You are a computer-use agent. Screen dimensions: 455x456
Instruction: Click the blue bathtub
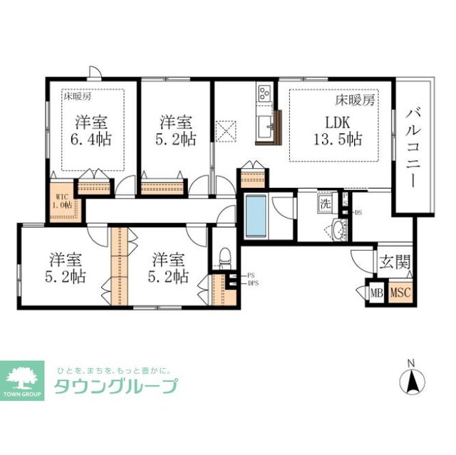pos(255,216)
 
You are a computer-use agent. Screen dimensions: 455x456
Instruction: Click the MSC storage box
pos(400,293)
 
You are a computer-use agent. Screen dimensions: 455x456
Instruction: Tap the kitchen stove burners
pos(264,93)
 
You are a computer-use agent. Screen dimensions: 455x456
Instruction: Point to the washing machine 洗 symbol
pos(325,204)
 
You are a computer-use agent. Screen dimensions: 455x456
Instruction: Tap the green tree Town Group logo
pos(25,377)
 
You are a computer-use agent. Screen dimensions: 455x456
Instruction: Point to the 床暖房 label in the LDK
pos(355,100)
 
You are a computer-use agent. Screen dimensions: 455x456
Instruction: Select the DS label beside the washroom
pos(358,212)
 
